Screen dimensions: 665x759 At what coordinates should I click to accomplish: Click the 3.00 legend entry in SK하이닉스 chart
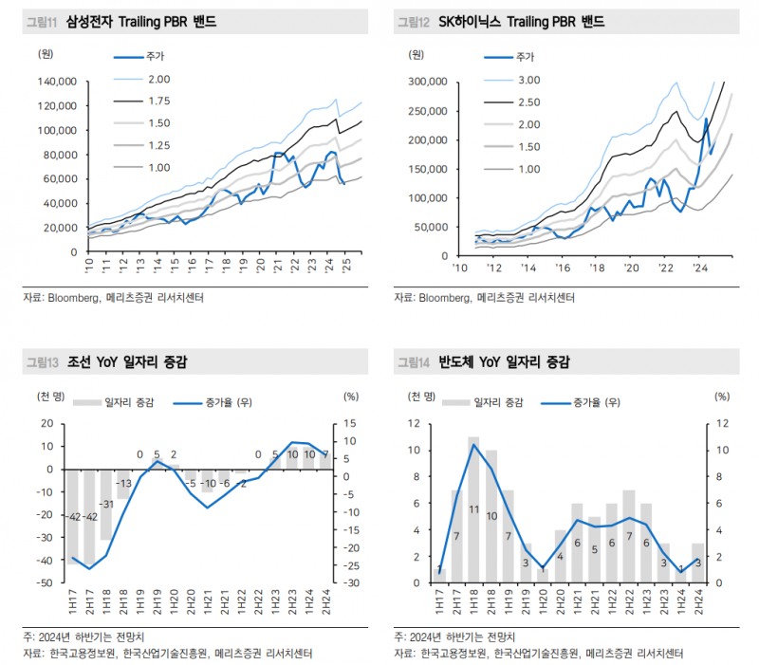[x=528, y=80]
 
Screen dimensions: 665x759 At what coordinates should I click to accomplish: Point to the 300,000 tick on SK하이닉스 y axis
[x=428, y=83]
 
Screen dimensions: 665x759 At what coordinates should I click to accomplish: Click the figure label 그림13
[x=42, y=361]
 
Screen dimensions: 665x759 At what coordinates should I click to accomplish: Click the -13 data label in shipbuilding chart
[x=123, y=483]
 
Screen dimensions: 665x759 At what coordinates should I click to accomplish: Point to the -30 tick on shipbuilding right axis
[x=350, y=582]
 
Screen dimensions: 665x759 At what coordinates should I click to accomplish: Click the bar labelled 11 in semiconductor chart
[x=473, y=509]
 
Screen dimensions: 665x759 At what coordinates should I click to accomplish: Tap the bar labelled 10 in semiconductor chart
[x=491, y=516]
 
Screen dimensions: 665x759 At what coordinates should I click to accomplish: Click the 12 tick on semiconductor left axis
[x=414, y=423]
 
